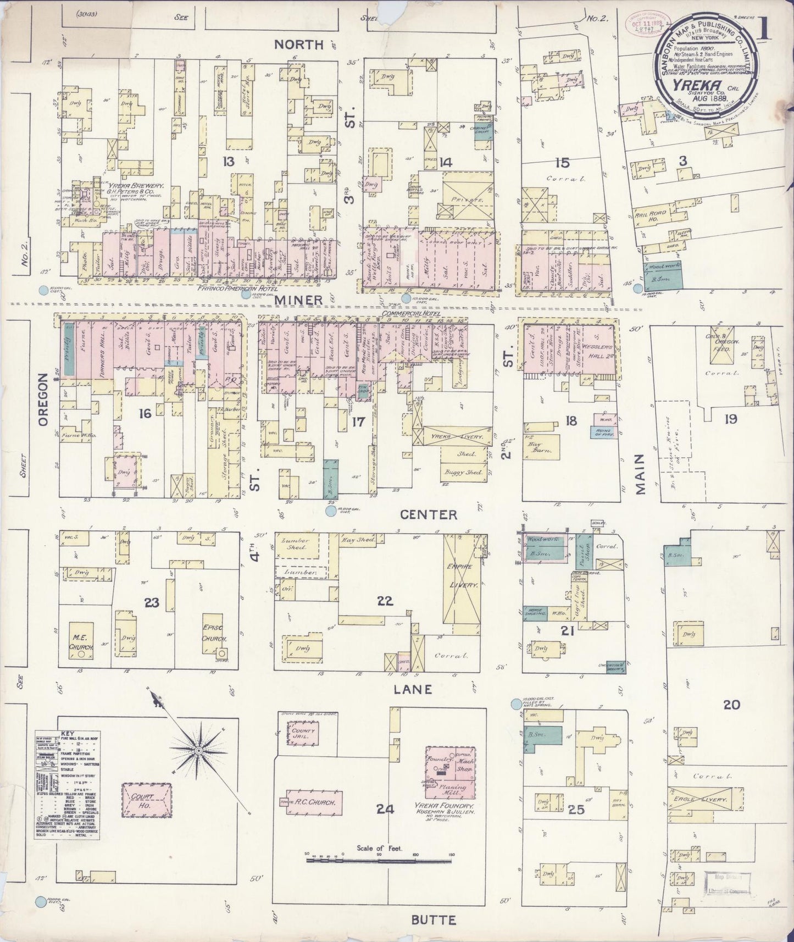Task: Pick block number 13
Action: (227, 161)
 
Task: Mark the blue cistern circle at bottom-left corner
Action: (41, 901)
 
